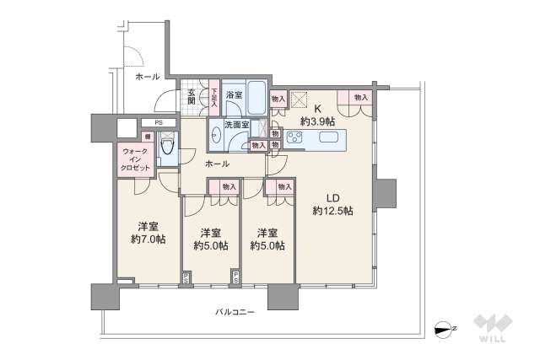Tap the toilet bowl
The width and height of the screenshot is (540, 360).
click(x=167, y=153)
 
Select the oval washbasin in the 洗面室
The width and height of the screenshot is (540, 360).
click(x=215, y=135)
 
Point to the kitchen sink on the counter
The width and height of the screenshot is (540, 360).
click(x=327, y=138)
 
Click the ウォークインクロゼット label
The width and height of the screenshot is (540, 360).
click(x=136, y=159)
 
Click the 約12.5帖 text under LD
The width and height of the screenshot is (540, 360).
click(x=332, y=210)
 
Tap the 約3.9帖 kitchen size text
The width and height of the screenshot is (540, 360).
click(x=317, y=121)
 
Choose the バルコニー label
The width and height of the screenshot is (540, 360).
click(x=235, y=312)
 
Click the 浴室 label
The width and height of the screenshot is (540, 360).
click(x=234, y=96)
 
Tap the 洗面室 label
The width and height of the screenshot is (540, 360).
click(x=236, y=125)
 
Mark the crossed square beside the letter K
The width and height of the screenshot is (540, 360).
click(x=300, y=99)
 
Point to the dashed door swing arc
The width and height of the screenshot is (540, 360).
click(x=134, y=56)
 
